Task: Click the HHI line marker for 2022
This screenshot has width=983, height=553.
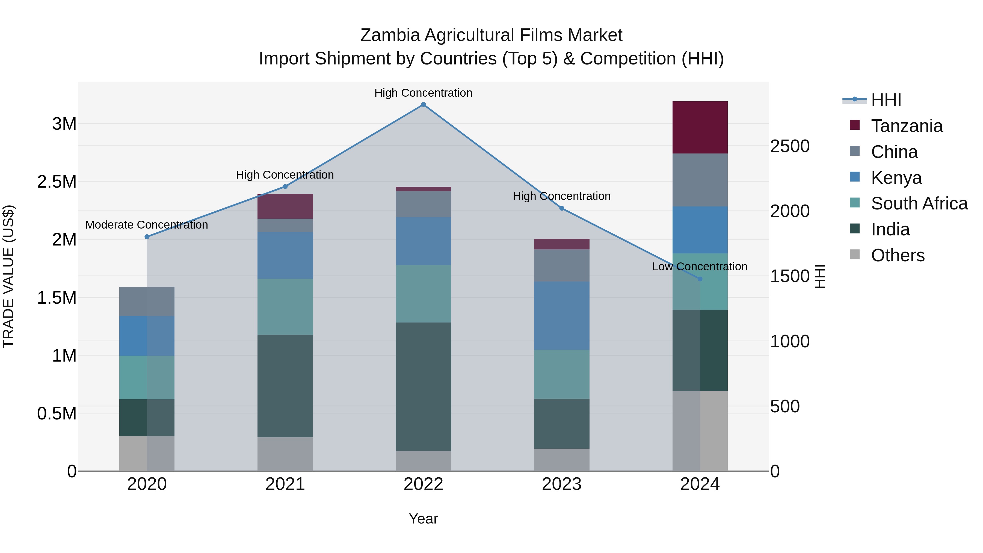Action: tap(423, 105)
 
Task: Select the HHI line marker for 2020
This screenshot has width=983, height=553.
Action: tap(147, 236)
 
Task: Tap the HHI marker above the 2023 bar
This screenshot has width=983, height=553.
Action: tap(562, 208)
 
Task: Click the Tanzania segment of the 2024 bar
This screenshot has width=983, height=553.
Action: tap(700, 128)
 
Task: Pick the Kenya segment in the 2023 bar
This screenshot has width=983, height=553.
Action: tap(562, 316)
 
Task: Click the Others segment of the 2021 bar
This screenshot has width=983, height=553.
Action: tap(285, 454)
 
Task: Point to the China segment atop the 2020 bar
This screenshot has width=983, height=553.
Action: tap(147, 301)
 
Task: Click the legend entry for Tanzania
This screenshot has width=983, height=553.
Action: tap(906, 126)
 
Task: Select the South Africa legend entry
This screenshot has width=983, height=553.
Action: tap(919, 203)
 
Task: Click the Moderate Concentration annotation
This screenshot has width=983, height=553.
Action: tap(147, 225)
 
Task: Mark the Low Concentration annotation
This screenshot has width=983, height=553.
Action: tap(700, 266)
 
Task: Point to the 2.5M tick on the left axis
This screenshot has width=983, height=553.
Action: tap(57, 182)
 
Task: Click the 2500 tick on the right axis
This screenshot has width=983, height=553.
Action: tap(789, 146)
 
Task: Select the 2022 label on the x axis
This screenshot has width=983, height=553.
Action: tap(423, 484)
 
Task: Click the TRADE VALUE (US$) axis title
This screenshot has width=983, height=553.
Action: tap(8, 276)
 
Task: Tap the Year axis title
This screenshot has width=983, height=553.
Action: tap(423, 519)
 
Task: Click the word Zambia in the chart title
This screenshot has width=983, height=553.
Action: tap(390, 35)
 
